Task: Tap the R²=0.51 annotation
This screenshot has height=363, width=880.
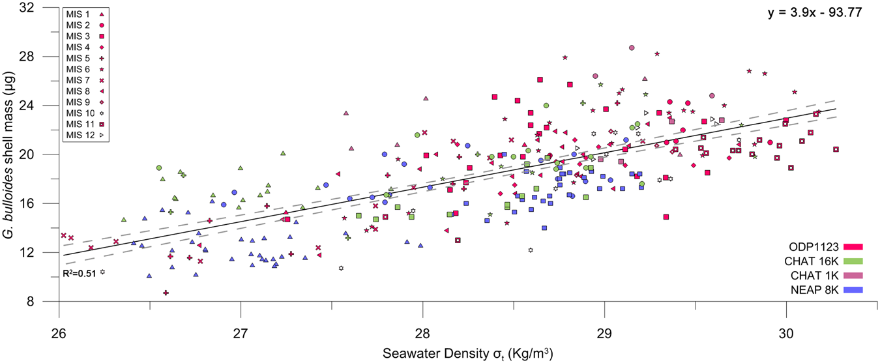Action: pos(77,272)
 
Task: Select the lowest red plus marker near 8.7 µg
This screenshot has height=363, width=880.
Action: pos(166,293)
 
